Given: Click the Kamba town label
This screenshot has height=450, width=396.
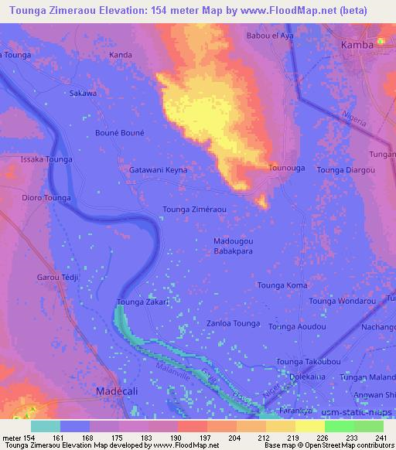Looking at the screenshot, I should (357, 45).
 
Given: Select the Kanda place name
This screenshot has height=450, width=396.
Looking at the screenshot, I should (121, 55).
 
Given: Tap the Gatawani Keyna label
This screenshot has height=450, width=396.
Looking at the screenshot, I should (158, 169).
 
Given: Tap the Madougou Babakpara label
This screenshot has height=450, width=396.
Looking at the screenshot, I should (233, 246).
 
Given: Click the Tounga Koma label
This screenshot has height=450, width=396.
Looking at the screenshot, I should (282, 285).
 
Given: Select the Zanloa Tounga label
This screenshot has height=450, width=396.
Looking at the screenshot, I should (234, 323).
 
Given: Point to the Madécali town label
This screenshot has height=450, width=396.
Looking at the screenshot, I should (116, 392).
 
